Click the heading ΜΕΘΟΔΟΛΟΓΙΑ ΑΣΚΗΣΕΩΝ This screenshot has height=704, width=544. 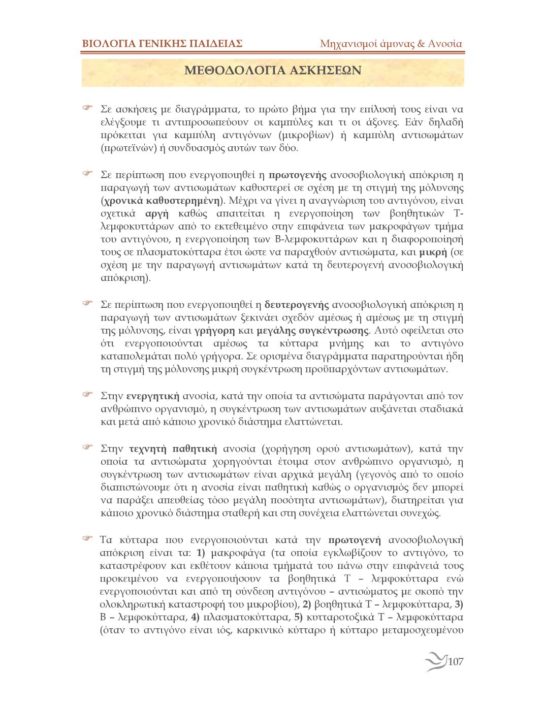pos(273,70)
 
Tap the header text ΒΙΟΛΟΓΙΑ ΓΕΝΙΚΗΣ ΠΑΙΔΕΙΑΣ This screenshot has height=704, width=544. pos(162,44)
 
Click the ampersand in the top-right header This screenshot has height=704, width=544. pos(421,44)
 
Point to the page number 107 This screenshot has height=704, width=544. pos(456,661)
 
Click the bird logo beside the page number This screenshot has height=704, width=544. pos(436,661)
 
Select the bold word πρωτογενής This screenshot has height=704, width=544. pos(297,175)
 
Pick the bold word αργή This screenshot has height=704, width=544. pos(156,213)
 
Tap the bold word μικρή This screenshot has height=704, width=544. pos(433,252)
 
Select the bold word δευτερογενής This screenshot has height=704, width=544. pos(297,305)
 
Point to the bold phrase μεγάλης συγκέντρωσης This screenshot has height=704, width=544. pos(312,331)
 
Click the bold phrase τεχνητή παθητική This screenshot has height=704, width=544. pos(173,449)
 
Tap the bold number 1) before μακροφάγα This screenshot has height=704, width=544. pos(200,553)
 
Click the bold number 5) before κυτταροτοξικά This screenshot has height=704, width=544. pos(298,618)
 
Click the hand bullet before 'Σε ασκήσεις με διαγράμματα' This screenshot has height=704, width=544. pos(87,109)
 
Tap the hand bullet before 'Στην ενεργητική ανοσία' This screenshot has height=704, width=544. pos(87,395)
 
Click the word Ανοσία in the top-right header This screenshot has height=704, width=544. pos(445,44)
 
